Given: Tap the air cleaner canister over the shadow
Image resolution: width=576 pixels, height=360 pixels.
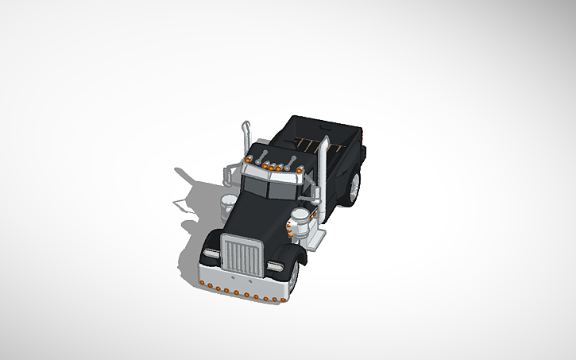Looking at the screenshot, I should coord(227,202).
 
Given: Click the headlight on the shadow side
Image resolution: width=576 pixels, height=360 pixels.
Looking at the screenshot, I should coord(210,254).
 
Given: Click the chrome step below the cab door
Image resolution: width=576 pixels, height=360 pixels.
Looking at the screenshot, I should coord(317,237).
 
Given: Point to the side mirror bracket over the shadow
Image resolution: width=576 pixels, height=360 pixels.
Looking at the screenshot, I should coord(230,171).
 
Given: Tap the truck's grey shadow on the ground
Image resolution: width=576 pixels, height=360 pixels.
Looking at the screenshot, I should coord(191,199).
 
